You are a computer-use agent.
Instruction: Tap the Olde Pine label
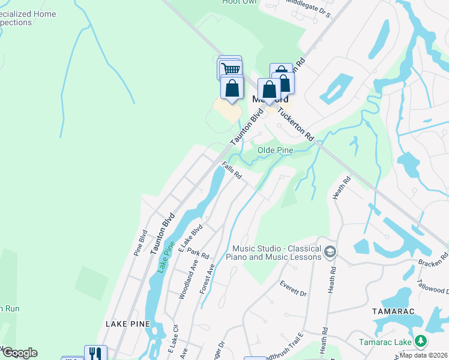(275, 149)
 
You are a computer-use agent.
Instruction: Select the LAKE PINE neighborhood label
(127, 323)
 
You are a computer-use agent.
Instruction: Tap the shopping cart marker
(231, 68)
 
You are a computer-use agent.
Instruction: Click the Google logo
(19, 353)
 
